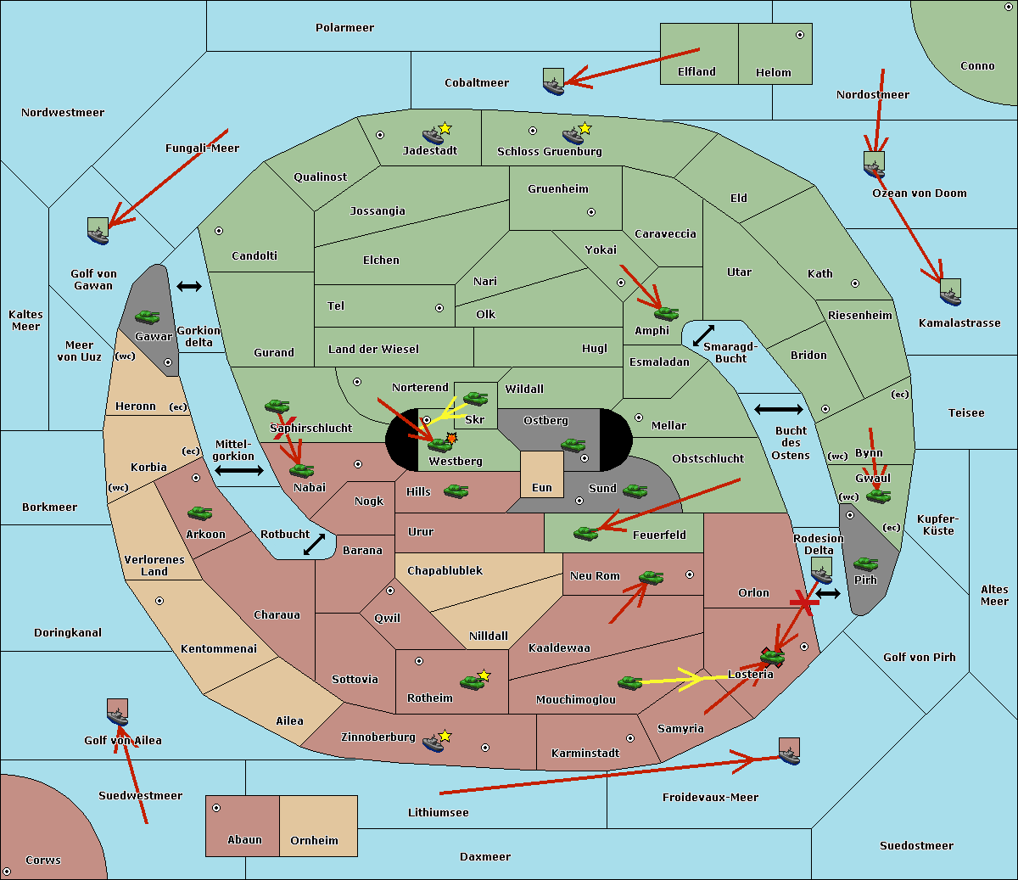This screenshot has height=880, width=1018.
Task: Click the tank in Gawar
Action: (x=148, y=317)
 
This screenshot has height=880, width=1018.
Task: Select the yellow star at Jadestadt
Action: (x=445, y=129)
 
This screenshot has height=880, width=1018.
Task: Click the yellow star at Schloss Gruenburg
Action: (x=585, y=129)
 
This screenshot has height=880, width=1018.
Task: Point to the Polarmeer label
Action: (x=344, y=28)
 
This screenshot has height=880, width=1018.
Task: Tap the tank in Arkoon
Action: (x=200, y=513)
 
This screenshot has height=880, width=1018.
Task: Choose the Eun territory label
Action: (x=542, y=487)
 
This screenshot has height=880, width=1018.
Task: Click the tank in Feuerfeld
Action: (x=585, y=533)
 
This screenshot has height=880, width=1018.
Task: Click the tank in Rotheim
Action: (x=472, y=682)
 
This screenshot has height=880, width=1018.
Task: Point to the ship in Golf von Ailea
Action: (x=118, y=712)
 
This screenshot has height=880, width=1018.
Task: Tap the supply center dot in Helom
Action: (x=800, y=35)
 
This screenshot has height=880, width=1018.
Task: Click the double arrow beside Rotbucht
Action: (x=314, y=545)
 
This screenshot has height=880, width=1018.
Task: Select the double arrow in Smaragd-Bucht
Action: (x=703, y=335)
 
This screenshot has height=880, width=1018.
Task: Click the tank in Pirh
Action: (x=865, y=563)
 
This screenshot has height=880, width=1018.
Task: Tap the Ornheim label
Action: (x=314, y=840)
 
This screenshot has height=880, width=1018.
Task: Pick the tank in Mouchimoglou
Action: (x=630, y=682)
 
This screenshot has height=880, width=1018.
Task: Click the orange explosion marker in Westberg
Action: (x=451, y=437)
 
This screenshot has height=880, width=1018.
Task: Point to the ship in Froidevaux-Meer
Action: (x=790, y=751)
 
